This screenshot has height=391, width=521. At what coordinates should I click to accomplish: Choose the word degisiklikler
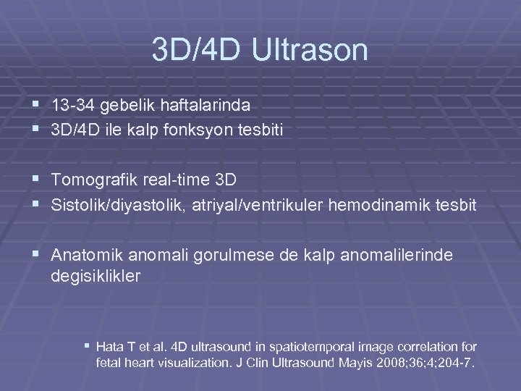pos(97,276)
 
